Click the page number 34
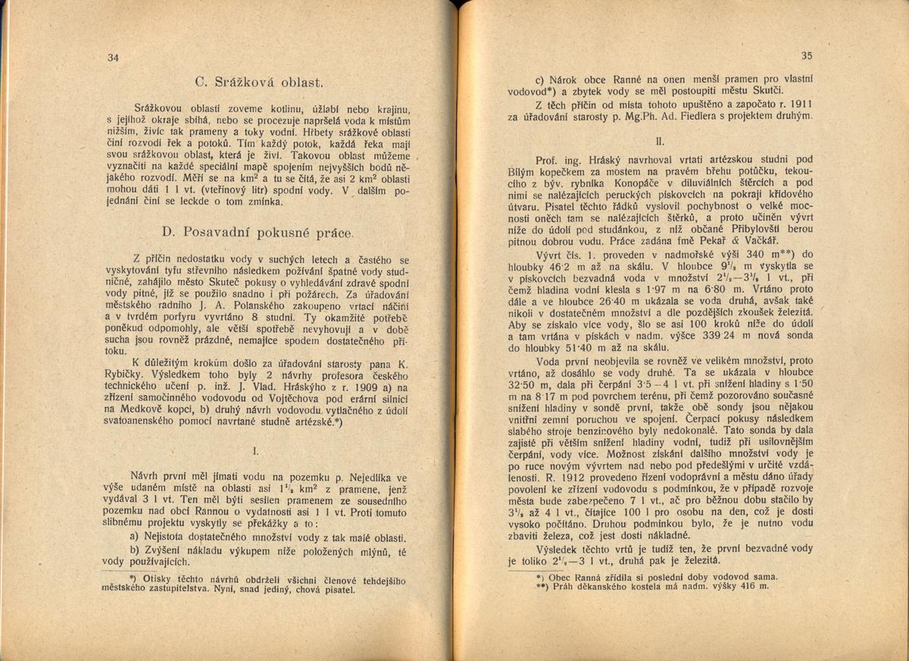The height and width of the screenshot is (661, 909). [x=114, y=58]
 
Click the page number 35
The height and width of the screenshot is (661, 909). [x=806, y=55]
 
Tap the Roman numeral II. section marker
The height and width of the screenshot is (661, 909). [x=660, y=141]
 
